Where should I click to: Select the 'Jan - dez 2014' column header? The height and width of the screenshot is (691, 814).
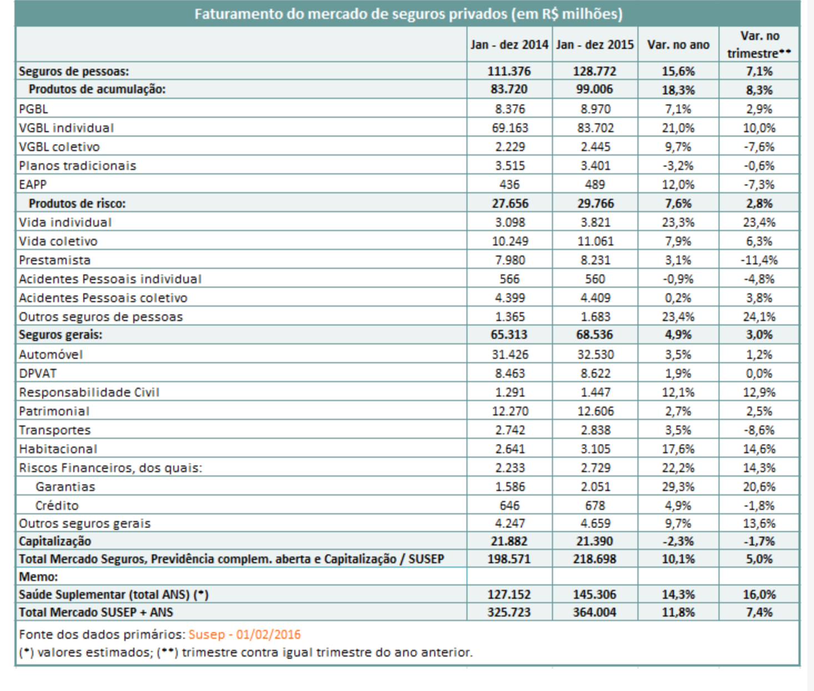pyautogui.click(x=509, y=44)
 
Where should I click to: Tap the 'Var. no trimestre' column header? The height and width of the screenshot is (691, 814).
pyautogui.click(x=759, y=44)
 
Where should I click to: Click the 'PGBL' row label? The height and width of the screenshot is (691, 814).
pyautogui.click(x=33, y=109)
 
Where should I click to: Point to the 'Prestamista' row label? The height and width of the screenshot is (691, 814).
pyautogui.click(x=55, y=260)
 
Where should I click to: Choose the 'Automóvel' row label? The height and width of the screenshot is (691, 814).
pyautogui.click(x=51, y=354)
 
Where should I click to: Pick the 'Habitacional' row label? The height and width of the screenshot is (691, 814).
pyautogui.click(x=58, y=449)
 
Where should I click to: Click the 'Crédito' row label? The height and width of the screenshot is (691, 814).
pyautogui.click(x=57, y=505)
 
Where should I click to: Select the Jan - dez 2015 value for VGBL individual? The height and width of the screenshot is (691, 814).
pyautogui.click(x=595, y=128)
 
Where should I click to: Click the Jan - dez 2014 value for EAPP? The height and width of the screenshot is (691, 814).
pyautogui.click(x=509, y=184)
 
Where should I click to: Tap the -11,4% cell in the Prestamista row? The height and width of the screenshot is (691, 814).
pyautogui.click(x=759, y=260)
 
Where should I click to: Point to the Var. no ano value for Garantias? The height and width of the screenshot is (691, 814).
pyautogui.click(x=678, y=487)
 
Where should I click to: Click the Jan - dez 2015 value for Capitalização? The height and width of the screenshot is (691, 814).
pyautogui.click(x=595, y=541)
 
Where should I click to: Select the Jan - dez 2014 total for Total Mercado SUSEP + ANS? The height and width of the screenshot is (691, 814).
pyautogui.click(x=509, y=612)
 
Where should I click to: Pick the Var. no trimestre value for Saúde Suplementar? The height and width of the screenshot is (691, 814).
pyautogui.click(x=759, y=594)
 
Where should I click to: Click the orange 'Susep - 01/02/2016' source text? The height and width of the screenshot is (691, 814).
pyautogui.click(x=244, y=634)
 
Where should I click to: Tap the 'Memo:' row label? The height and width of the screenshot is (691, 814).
pyautogui.click(x=38, y=577)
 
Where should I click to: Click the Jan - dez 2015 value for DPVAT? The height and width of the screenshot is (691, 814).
pyautogui.click(x=595, y=373)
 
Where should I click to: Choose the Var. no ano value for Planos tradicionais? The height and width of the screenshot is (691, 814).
pyautogui.click(x=678, y=166)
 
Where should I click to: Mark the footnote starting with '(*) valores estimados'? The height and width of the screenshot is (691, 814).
pyautogui.click(x=246, y=652)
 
